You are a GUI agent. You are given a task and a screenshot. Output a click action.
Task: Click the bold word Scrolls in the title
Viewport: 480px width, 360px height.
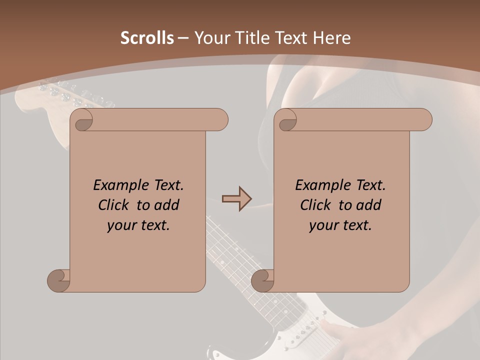tap(147, 38)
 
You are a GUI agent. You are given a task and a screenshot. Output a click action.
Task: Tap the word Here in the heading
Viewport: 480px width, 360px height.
tap(332, 38)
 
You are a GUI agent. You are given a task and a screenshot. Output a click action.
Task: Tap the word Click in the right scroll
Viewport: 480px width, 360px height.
tap(315, 205)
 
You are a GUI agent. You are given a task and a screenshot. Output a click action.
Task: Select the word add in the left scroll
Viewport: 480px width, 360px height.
tap(166, 205)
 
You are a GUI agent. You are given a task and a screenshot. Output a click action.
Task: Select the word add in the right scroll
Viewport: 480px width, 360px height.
tap(368, 205)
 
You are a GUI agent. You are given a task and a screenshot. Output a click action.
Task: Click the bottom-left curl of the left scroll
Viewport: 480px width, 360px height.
tap(58, 280)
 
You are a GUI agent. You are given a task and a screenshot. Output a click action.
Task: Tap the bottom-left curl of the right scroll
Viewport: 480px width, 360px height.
tap(262, 280)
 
